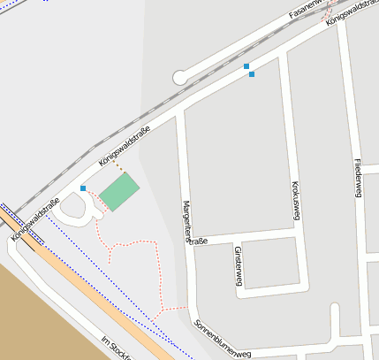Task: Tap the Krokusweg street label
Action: pos(297,201)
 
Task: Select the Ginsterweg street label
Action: pos(239,265)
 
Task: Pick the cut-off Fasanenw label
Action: pos(308,11)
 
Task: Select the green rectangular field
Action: pos(118,192)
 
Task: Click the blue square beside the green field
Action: pos(83,188)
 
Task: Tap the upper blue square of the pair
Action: pos(246,66)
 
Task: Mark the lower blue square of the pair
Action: pos(252,74)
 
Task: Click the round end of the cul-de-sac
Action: pos(180,78)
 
